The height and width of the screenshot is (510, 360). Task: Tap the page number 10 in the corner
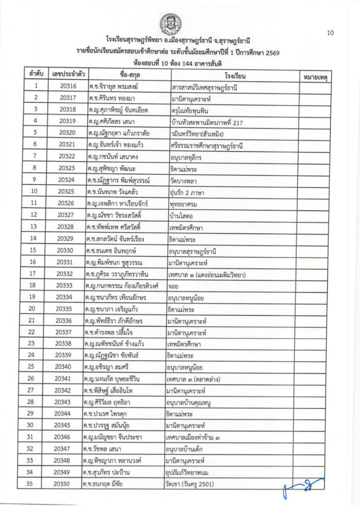point(330,33)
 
